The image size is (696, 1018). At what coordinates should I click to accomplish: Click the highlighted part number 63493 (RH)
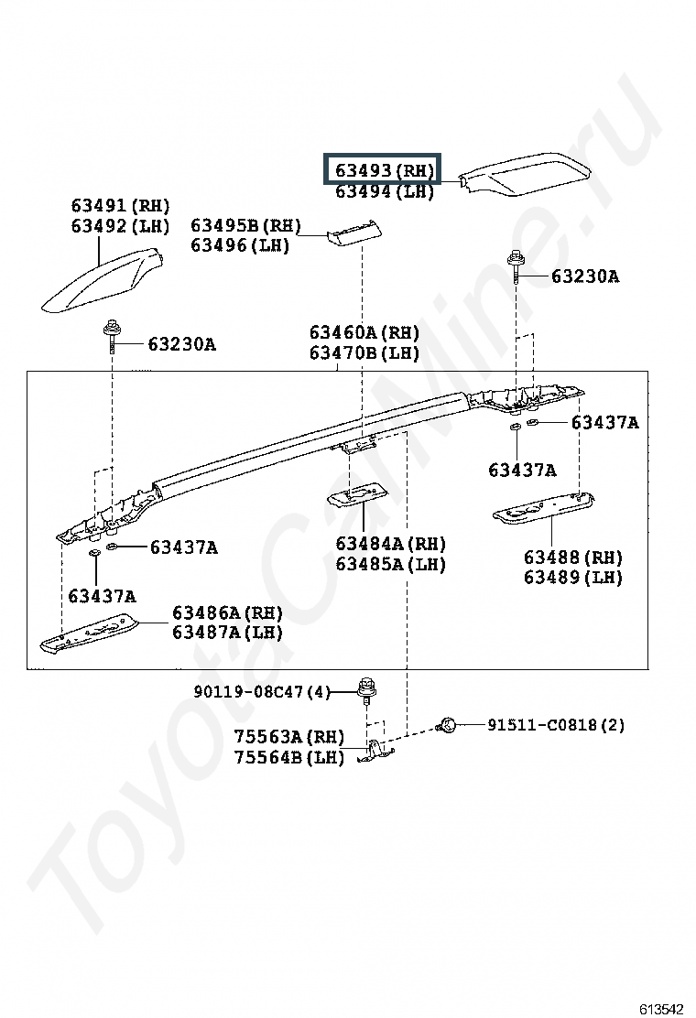[384, 170]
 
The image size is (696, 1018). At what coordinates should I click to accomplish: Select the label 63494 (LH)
[385, 191]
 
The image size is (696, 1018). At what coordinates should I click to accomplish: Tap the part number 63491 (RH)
[120, 206]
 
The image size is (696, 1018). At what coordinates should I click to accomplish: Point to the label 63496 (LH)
[240, 245]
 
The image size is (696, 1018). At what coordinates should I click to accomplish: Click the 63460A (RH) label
[364, 333]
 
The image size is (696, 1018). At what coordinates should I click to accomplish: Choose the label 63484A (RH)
[391, 544]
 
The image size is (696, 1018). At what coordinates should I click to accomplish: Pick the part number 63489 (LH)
[573, 577]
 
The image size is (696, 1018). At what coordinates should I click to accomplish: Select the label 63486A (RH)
[227, 612]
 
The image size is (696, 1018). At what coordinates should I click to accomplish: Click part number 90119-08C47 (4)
[262, 692]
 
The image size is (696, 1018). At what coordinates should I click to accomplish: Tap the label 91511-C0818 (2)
[556, 724]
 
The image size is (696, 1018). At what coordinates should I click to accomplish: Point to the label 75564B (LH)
[288, 757]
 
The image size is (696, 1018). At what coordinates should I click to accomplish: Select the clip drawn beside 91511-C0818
[446, 724]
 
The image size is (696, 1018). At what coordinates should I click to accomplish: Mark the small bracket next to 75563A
[375, 752]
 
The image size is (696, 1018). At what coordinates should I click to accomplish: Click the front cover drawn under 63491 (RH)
[103, 280]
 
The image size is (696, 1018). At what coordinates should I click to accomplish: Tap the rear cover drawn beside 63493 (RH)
[525, 174]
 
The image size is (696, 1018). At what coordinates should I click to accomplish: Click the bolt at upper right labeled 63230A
[517, 266]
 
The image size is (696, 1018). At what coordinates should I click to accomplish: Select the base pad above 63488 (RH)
[544, 507]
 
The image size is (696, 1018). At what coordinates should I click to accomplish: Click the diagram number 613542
[661, 1008]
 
